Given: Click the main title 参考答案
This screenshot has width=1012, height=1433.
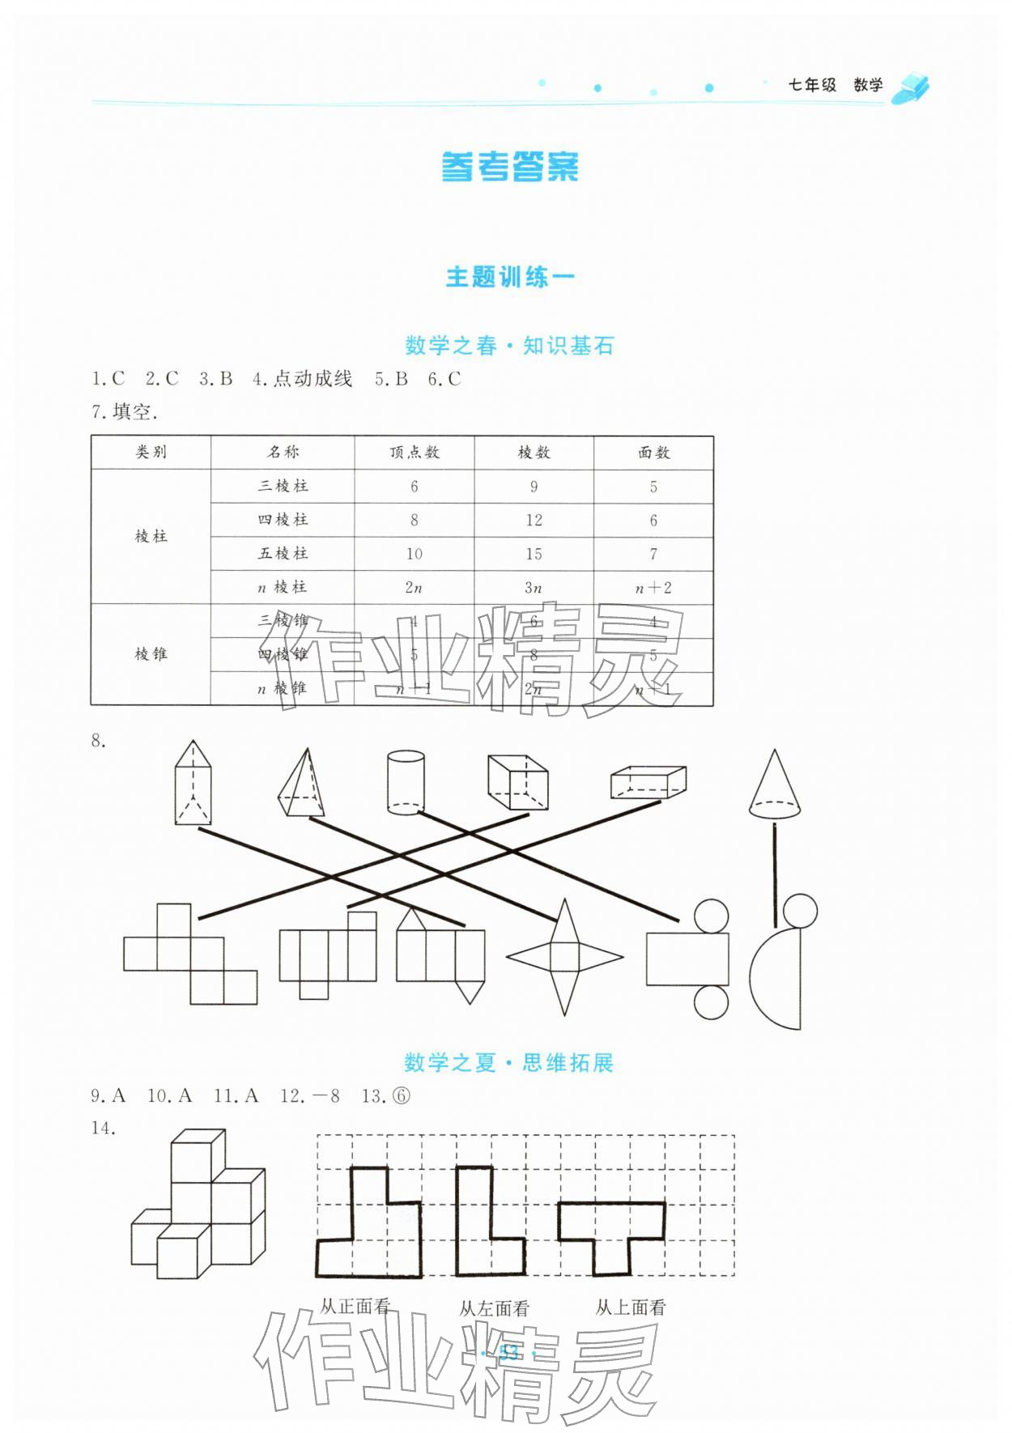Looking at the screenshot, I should point(510,167).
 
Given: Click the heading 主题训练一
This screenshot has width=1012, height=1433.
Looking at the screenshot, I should point(510,277).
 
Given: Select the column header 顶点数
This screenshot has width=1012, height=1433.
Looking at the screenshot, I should point(414,453).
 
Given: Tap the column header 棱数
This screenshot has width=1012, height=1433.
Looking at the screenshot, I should point(534,453).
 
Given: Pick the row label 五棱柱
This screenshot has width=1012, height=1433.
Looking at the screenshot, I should point(283,554).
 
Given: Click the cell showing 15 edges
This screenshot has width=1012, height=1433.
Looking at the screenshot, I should point(534,554).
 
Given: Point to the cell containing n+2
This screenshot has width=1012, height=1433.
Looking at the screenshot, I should point(653,588).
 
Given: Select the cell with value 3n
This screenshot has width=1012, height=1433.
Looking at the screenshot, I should point(534,588).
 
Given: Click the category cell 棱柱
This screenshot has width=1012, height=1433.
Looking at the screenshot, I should point(151,536).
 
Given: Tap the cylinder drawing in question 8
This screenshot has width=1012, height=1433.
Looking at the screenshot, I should point(406,781).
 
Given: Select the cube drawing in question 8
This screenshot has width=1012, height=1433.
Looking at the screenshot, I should point(517,781).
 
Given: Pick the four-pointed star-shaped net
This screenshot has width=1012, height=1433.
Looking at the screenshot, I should point(564,957).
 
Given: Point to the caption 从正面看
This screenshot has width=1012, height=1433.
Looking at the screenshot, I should point(355,1306).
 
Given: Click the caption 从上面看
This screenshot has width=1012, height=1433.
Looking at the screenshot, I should point(631,1307).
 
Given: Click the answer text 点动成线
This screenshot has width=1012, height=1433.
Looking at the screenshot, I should point(312,379).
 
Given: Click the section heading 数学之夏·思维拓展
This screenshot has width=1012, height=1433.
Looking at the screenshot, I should point(508,1062).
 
